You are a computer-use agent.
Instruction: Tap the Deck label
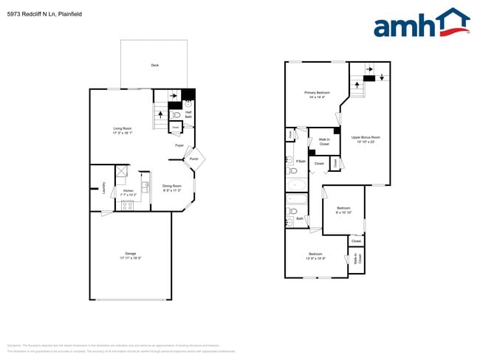point(155,66)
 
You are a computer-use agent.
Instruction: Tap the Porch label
point(193,159)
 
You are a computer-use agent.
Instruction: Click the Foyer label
point(179,145)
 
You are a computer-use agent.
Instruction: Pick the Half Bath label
point(188,114)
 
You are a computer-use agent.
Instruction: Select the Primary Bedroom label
point(315,94)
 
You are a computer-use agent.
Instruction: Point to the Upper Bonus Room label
point(366,139)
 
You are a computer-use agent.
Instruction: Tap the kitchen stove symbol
point(127,205)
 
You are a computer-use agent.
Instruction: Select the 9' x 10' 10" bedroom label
point(343,210)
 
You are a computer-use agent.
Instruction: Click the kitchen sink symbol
point(145,187)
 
